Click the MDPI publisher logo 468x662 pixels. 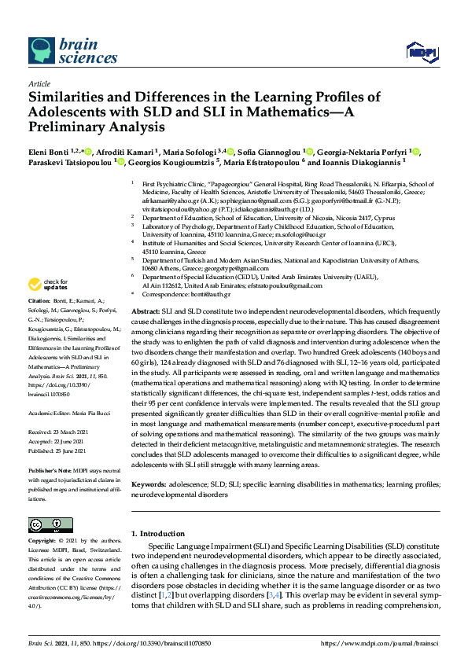click(x=420, y=53)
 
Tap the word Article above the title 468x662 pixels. click(x=38, y=83)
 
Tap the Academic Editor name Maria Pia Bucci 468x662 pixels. click(x=89, y=410)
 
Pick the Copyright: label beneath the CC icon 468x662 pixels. click(x=44, y=542)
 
